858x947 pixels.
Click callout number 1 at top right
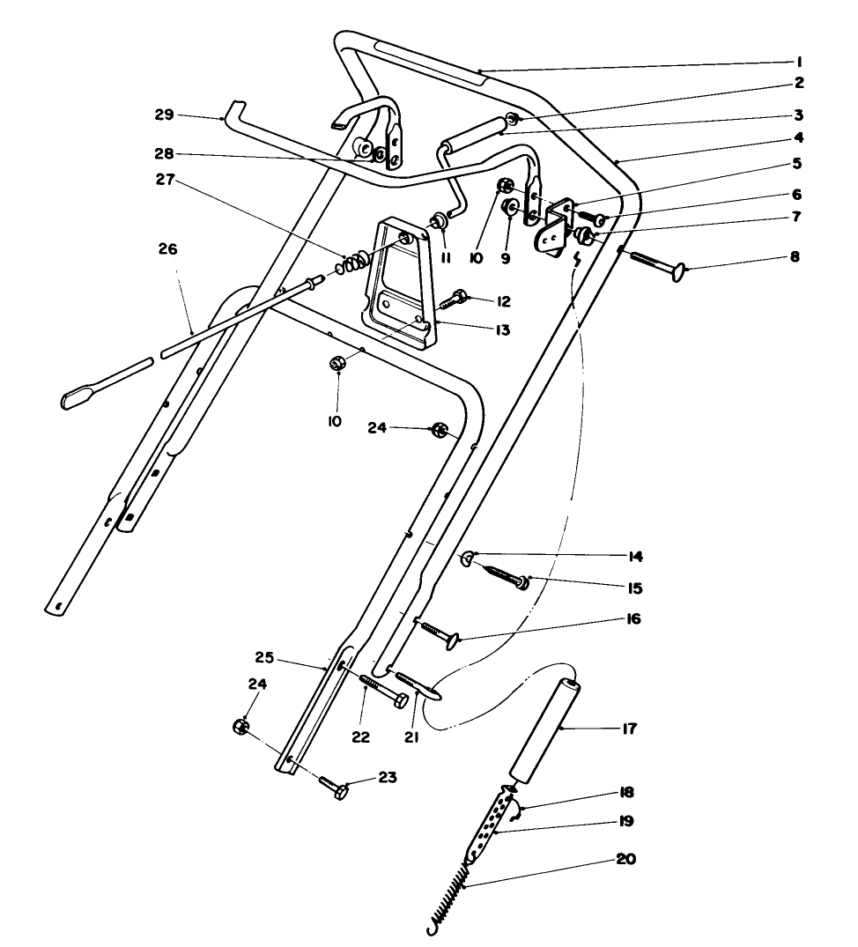pos(797,62)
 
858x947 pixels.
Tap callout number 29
pos(163,115)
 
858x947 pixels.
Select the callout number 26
pos(167,249)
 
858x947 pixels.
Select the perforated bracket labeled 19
pos(491,820)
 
